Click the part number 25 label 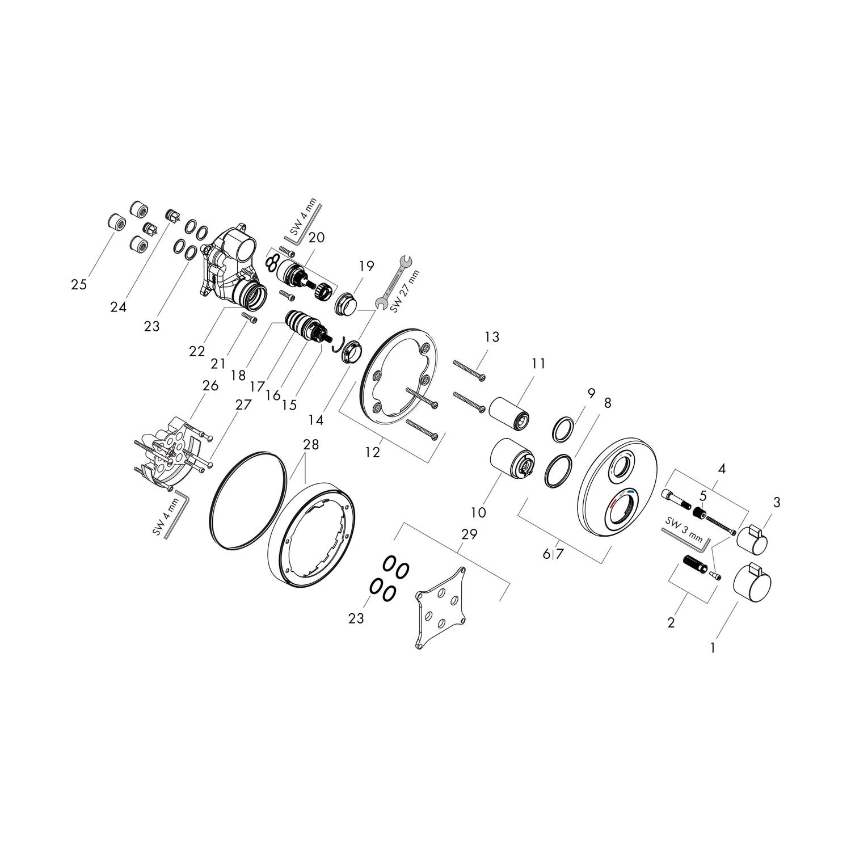(79, 284)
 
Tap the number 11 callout (538, 363)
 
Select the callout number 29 (470, 534)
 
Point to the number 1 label (713, 646)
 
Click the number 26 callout (210, 386)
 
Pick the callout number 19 (366, 266)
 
